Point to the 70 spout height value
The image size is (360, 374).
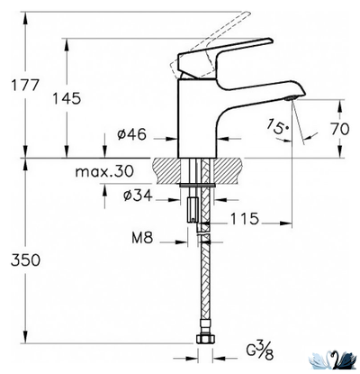click(x=338, y=129)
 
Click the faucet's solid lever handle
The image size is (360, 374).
click(x=225, y=52)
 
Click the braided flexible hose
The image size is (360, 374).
click(x=204, y=288)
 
